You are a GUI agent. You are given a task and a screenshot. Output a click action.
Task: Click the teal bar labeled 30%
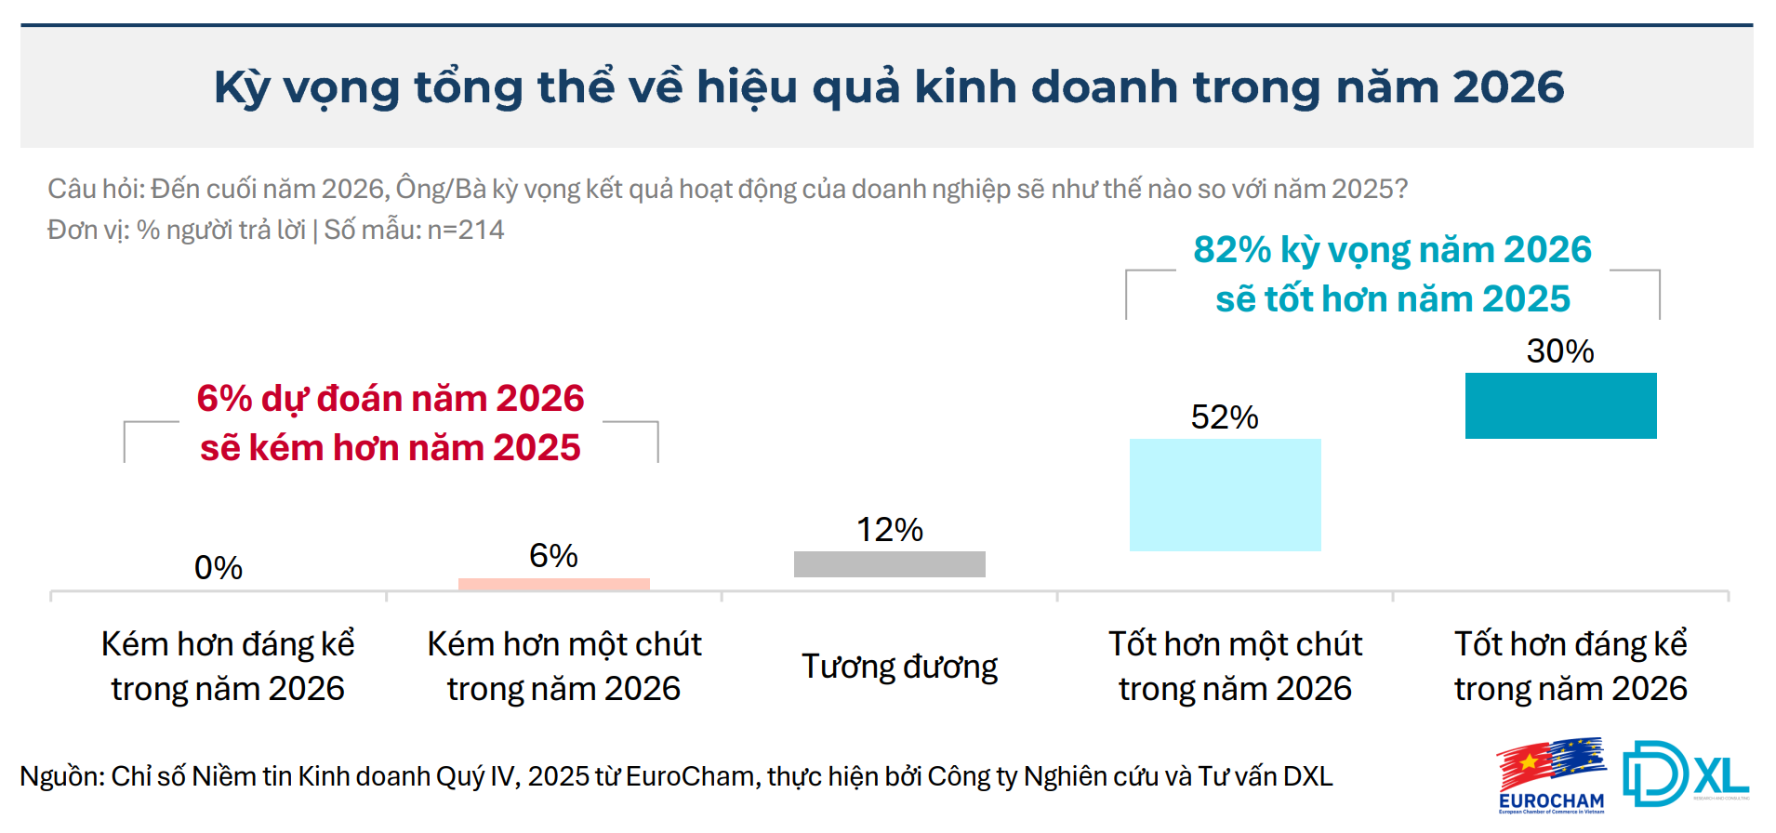[x=1560, y=405]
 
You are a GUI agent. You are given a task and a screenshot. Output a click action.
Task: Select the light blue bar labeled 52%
[x=1225, y=495]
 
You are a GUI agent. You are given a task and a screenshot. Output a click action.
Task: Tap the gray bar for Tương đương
[x=889, y=564]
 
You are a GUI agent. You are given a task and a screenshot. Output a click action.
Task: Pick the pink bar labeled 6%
[x=553, y=584]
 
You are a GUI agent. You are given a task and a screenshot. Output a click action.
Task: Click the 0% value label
[x=218, y=567]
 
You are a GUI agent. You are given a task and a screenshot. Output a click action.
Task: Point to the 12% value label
[x=889, y=530]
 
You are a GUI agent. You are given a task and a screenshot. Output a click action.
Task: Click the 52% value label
[x=1224, y=417]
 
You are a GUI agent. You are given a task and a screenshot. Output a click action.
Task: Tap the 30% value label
[x=1559, y=351]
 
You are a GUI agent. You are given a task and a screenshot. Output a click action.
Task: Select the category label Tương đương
[x=899, y=667]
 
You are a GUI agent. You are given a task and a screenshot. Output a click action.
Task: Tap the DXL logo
[x=1684, y=773]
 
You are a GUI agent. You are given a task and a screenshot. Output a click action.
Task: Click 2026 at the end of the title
[x=1508, y=87]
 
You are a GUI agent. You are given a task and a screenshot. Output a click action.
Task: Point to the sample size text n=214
[x=466, y=230]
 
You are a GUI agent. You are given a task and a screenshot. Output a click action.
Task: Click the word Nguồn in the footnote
[x=61, y=776]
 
